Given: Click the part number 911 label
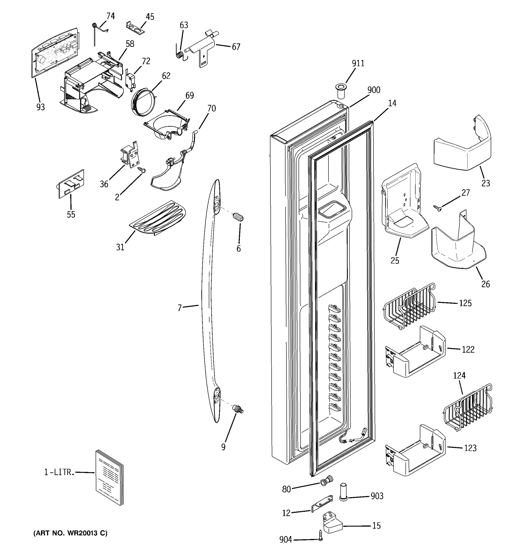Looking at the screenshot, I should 358,64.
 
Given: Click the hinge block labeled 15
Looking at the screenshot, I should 333,523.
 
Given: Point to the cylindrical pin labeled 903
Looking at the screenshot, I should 344,495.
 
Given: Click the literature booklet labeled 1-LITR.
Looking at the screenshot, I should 109,477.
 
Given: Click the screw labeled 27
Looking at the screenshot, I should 437,208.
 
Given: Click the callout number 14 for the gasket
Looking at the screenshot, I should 392,103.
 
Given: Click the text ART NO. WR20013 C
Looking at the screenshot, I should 70,533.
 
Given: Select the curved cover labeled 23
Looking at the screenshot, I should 462,146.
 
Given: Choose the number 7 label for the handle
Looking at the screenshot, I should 180,308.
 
